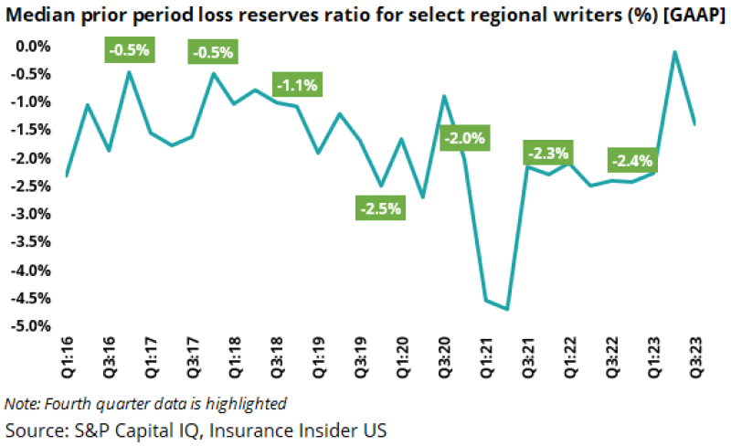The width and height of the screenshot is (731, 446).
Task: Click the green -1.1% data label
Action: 296,86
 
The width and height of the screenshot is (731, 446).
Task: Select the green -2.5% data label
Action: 379,208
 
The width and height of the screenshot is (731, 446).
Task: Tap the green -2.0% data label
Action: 466,139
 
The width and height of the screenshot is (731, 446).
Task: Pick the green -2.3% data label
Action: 546,153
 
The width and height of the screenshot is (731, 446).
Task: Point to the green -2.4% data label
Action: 632,161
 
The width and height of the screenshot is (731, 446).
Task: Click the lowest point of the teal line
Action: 506,309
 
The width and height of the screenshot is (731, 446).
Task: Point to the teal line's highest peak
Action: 674,52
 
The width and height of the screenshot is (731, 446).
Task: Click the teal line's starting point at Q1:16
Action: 67,175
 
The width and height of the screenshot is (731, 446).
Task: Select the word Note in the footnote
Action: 20,403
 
